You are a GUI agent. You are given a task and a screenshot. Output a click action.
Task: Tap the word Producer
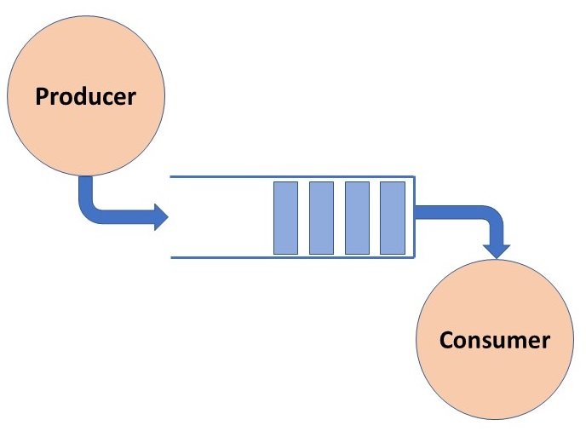[85, 96]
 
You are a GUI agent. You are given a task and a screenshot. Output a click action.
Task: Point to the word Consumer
[495, 341]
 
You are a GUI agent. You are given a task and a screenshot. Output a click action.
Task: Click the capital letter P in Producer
[42, 96]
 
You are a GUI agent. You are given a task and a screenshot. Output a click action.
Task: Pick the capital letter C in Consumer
[447, 341]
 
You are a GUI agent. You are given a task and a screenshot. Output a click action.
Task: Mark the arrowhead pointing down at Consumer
[496, 249]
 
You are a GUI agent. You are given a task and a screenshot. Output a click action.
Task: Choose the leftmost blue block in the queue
[285, 217]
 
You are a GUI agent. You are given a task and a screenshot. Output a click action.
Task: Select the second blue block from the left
[321, 217]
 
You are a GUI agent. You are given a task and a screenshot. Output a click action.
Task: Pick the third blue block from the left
[357, 217]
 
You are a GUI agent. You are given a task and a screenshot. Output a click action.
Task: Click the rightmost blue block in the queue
[392, 217]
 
